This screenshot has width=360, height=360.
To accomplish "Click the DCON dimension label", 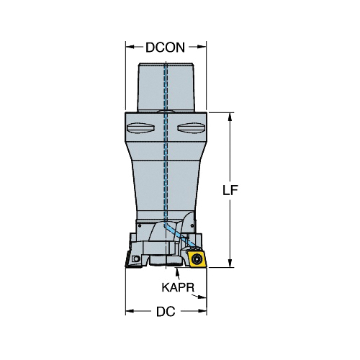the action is (x=166, y=48).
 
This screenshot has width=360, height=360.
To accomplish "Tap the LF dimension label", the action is (x=230, y=190).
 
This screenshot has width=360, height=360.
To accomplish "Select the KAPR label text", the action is (x=178, y=287).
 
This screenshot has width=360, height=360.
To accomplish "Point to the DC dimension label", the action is (x=166, y=312).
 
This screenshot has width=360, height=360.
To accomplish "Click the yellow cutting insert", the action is (x=197, y=258).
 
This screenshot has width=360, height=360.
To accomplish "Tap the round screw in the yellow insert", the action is (x=197, y=258).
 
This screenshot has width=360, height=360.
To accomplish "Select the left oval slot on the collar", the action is (x=140, y=127).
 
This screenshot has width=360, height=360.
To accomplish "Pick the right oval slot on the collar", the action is (x=191, y=127).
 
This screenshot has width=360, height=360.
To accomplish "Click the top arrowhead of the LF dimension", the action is (x=230, y=117).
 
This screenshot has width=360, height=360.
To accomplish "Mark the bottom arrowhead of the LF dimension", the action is (x=230, y=263).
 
